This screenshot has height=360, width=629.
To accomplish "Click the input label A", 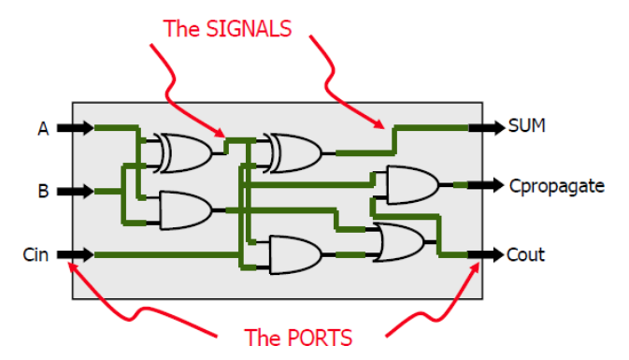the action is [x=43, y=129].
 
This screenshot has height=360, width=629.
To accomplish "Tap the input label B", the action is [x=43, y=191].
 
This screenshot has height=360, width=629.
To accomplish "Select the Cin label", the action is [x=36, y=255].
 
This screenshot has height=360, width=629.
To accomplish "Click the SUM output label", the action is [x=527, y=125].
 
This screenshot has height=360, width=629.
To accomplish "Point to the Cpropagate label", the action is [x=557, y=186].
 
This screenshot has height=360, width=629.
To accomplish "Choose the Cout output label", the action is [x=525, y=255].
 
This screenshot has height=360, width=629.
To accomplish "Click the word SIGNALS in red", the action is [x=249, y=29].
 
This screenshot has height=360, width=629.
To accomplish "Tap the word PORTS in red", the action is [x=321, y=338].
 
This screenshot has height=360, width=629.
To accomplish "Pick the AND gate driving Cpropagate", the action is [x=412, y=185].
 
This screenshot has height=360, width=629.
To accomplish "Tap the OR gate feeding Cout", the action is [x=399, y=242].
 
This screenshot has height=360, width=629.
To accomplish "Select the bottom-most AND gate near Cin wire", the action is [x=295, y=255].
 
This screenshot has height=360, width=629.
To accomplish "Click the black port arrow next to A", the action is [x=76, y=128].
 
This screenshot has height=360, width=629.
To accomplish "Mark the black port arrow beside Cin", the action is [x=76, y=254].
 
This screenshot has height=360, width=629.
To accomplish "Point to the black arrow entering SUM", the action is [x=487, y=127].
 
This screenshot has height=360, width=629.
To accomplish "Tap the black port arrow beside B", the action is [x=76, y=191].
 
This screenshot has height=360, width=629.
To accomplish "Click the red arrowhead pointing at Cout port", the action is [x=475, y=267].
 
